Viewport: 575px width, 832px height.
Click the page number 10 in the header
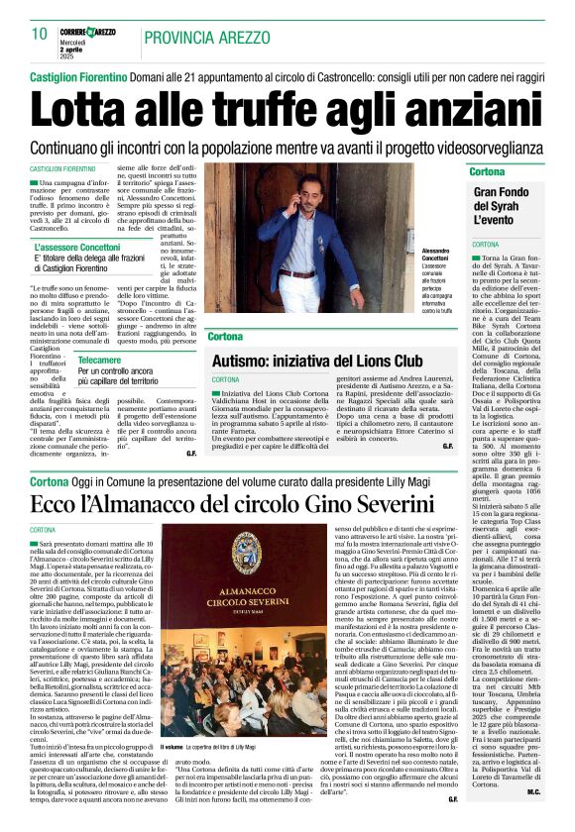coord(40,34)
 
